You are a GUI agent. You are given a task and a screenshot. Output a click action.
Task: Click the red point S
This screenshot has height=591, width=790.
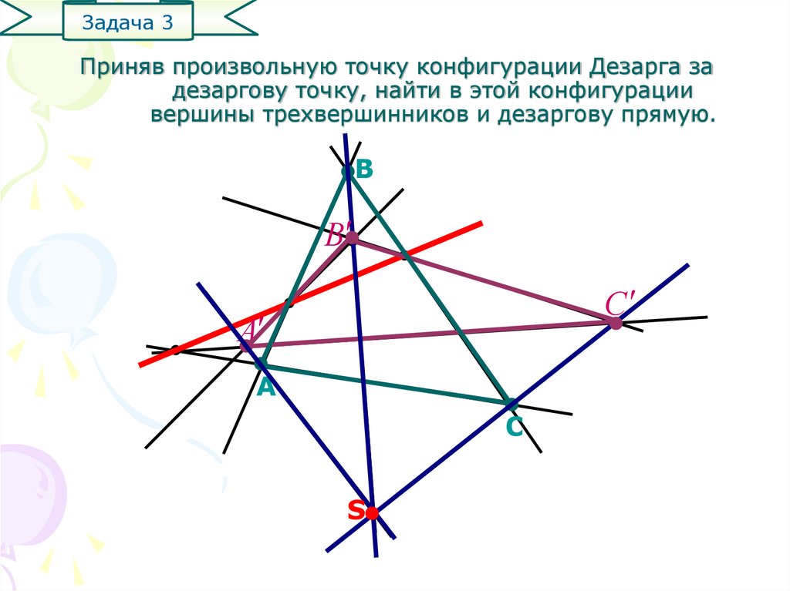click(372, 512)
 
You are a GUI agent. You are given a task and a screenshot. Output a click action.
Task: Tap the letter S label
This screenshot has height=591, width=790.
click(355, 510)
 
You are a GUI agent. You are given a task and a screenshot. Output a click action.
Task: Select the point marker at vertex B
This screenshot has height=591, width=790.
click(347, 171)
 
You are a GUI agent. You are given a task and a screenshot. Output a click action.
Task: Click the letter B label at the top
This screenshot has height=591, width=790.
click(364, 170)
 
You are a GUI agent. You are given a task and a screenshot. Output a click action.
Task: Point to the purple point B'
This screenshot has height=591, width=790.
click(352, 239)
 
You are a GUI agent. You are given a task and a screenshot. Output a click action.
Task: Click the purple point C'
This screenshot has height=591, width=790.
click(615, 324)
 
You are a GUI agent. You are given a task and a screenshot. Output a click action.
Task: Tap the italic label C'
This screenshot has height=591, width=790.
click(620, 304)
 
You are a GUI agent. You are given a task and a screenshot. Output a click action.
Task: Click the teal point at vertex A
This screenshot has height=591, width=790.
click(261, 364)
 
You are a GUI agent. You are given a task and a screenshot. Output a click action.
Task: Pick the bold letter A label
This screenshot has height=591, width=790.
click(266, 388)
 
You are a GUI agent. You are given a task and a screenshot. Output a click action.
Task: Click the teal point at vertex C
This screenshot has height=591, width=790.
click(509, 402)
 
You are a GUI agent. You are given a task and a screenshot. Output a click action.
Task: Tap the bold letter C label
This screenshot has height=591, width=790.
click(515, 428)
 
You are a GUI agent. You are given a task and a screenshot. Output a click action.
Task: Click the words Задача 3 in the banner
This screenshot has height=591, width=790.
click(127, 22)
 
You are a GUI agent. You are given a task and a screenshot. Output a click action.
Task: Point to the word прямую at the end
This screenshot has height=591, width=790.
click(668, 116)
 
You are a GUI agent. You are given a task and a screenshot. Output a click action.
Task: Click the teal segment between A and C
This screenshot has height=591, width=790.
click(386, 383)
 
